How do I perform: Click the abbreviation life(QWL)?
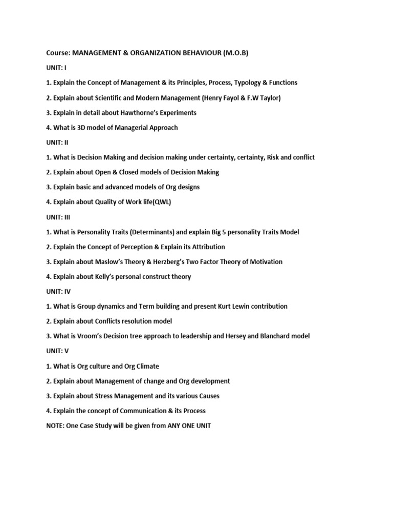(155, 202)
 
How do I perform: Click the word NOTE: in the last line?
(55, 426)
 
